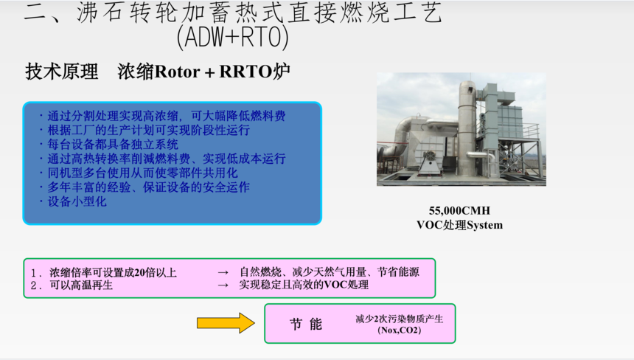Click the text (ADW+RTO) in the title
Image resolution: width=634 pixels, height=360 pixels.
point(233,37)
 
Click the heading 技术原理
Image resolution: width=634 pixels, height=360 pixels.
point(61,72)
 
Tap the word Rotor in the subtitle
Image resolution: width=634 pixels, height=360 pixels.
point(177,72)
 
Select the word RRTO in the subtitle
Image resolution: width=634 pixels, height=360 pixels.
point(245,72)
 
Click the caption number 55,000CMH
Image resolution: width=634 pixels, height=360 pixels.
point(459,211)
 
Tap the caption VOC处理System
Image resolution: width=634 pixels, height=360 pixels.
point(460,225)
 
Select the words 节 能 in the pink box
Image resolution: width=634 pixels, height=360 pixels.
point(306,324)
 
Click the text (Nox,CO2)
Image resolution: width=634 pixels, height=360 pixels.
point(400,330)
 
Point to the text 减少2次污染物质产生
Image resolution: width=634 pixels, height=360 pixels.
point(400,319)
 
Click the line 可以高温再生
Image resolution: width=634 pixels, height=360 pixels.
point(81,285)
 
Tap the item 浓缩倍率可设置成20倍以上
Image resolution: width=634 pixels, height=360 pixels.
point(114,273)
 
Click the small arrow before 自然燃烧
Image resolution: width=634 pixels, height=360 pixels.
point(223,273)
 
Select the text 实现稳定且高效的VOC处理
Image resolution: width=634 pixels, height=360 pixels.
point(304,285)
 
